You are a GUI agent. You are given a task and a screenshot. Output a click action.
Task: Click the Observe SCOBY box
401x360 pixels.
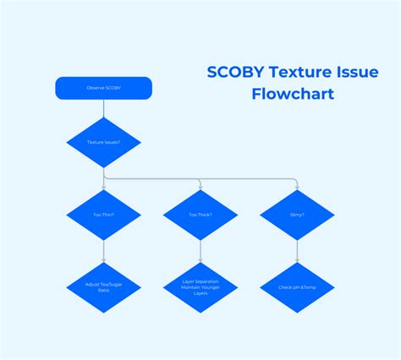click(x=103, y=87)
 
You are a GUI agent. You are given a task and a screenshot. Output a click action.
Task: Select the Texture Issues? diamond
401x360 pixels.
click(x=103, y=142)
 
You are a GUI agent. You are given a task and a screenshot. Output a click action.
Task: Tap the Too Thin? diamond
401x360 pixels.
click(x=103, y=215)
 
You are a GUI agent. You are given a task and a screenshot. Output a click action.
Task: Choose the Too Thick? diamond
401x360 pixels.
click(x=200, y=215)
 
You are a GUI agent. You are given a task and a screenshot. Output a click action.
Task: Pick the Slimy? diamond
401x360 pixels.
click(x=297, y=215)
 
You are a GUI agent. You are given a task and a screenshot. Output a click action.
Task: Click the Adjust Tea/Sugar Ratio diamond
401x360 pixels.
click(x=103, y=287)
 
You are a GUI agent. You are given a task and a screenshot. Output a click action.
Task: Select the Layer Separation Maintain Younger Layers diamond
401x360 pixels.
click(x=200, y=287)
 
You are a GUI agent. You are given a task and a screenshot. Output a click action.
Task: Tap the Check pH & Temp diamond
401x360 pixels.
click(x=297, y=287)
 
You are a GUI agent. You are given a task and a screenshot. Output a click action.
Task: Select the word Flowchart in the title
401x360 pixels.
click(x=292, y=93)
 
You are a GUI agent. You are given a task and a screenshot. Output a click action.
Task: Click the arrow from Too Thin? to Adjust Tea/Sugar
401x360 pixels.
click(x=103, y=251)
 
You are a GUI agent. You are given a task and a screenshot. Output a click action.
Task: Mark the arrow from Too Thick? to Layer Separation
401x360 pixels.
click(x=200, y=251)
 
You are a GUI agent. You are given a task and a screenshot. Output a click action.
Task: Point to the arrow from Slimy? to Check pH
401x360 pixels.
click(x=297, y=251)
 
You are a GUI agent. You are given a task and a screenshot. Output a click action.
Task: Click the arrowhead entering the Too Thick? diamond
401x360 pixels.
click(x=200, y=188)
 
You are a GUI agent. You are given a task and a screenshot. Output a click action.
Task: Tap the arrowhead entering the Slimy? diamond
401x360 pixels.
click(x=297, y=188)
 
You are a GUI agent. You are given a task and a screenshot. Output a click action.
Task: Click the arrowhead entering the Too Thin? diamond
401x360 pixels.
click(x=103, y=188)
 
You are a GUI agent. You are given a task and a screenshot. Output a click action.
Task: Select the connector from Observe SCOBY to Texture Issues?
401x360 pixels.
click(x=103, y=106)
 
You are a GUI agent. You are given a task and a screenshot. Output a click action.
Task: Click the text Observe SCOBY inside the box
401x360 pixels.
click(x=103, y=87)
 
